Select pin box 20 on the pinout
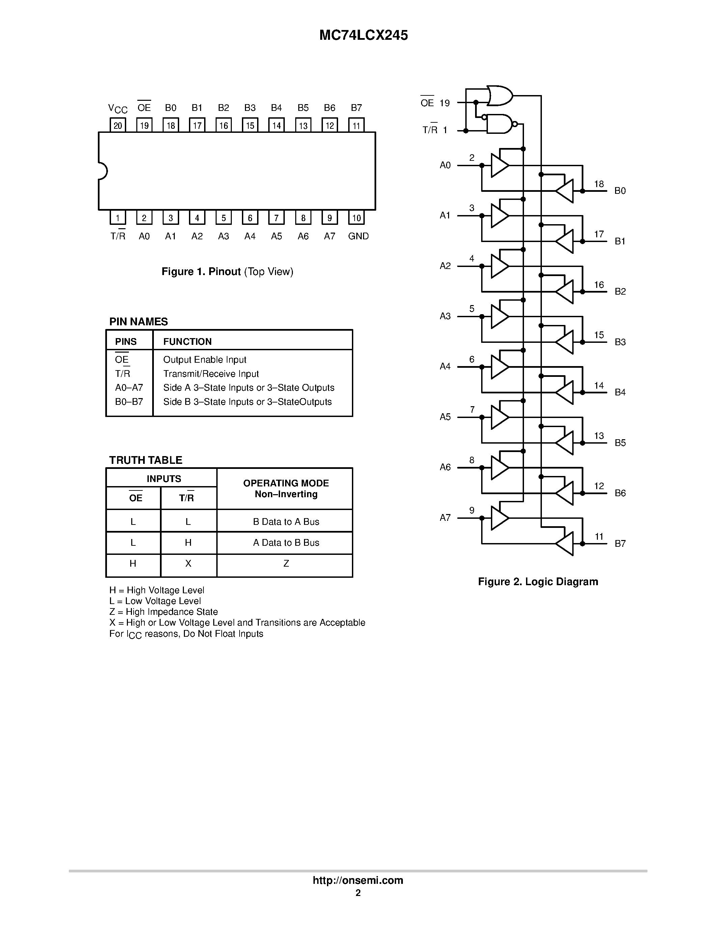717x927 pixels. pyautogui.click(x=118, y=125)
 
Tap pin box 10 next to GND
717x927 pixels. pyautogui.click(x=356, y=218)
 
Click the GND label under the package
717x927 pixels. pyautogui.click(x=358, y=236)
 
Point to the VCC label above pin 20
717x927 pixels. pyautogui.click(x=118, y=109)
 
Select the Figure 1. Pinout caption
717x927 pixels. pyautogui.click(x=227, y=272)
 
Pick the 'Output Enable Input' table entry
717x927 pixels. pyautogui.click(x=204, y=360)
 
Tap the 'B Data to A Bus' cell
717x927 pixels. pyautogui.click(x=286, y=522)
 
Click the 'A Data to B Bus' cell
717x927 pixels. pyautogui.click(x=286, y=542)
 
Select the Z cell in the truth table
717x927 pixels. pyautogui.click(x=286, y=563)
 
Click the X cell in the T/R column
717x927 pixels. pyautogui.click(x=188, y=563)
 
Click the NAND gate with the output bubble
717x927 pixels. pyautogui.click(x=500, y=124)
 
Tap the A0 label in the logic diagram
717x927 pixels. pyautogui.click(x=445, y=165)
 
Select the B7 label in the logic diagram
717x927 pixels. pyautogui.click(x=620, y=543)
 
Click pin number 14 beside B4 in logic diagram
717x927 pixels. pyautogui.click(x=599, y=385)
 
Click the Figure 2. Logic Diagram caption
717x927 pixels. pyautogui.click(x=538, y=581)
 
